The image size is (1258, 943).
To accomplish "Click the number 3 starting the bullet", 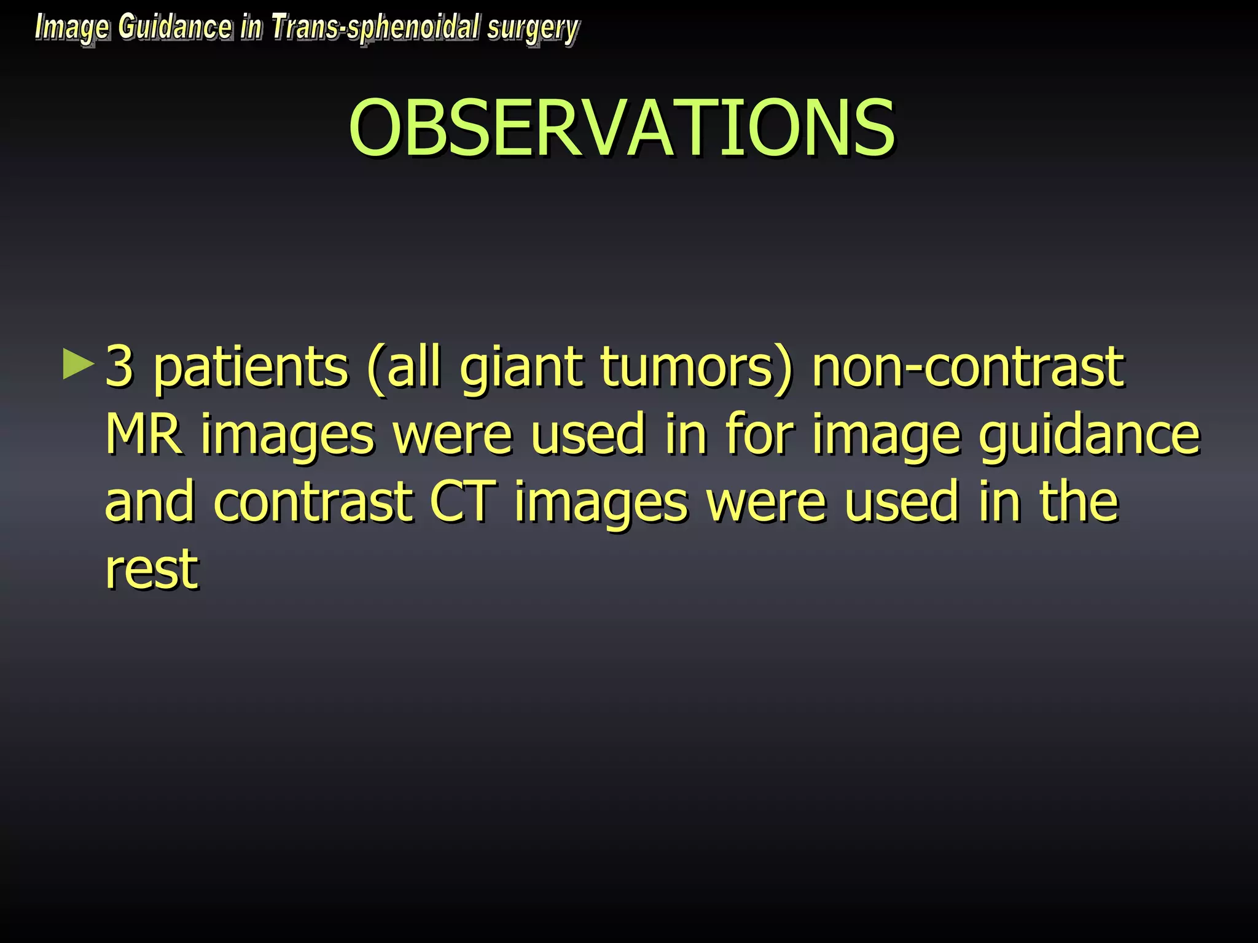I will [120, 367].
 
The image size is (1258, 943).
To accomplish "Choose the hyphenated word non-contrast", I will [967, 367].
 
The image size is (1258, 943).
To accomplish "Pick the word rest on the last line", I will [152, 569].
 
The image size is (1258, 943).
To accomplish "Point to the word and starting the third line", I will [150, 502].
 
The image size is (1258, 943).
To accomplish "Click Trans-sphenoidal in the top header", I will [375, 28].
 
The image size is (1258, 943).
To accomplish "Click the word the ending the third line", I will [1079, 502].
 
